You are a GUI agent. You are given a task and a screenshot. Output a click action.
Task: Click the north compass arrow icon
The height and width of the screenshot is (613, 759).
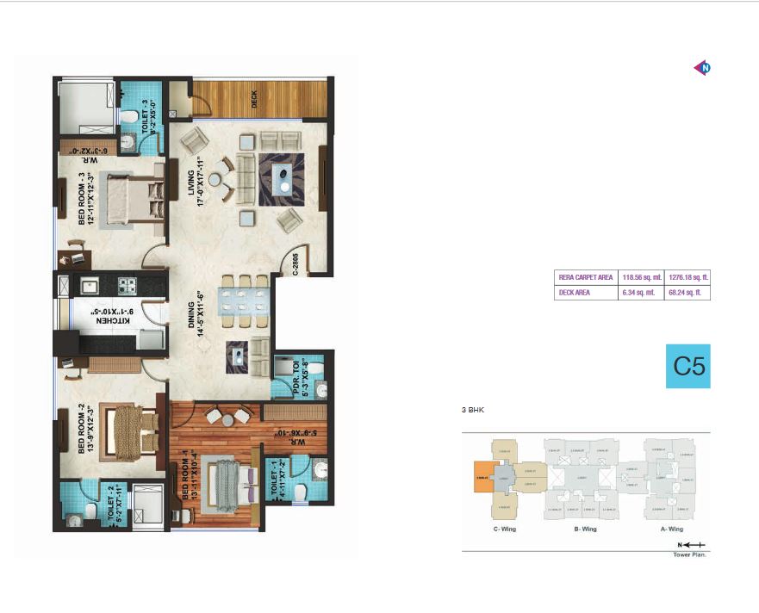(702, 68)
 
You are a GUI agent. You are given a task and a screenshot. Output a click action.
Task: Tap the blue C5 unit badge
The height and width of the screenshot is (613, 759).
(688, 366)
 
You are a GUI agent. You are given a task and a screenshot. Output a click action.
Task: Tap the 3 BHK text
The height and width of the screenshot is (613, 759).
(473, 411)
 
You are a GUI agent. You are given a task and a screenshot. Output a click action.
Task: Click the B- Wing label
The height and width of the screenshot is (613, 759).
(584, 529)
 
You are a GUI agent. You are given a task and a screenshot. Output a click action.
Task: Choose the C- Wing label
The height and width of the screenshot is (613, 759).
(503, 529)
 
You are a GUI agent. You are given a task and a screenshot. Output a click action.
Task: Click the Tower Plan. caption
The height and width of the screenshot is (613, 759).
(690, 554)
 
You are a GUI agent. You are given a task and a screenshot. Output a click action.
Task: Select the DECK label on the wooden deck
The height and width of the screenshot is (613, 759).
(254, 99)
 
